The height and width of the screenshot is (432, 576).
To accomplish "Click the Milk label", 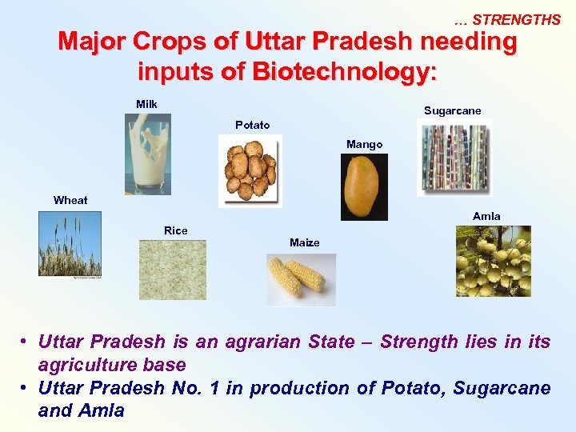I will pos(146,104).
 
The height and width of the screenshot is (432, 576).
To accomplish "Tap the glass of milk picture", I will pos(148,154).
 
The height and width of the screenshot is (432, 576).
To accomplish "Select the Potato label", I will pos(252,125).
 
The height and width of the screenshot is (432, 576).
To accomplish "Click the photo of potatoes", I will pos(250,170).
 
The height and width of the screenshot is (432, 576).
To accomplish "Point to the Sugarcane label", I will pos(452,110).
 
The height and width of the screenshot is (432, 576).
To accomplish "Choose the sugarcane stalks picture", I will pos(454,158).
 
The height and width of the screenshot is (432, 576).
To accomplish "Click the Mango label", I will pos(364,144).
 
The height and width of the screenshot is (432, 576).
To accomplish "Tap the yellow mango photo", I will pos(364,187).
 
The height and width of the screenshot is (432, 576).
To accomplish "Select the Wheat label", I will pos(70,200).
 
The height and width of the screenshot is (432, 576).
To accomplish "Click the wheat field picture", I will pos(70,243).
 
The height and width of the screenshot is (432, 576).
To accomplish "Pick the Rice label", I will pos(175,230).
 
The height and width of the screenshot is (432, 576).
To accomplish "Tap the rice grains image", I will pos(172,270).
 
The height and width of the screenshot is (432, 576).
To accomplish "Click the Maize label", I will pos(304,242).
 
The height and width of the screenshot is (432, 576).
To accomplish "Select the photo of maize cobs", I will pos(301,279).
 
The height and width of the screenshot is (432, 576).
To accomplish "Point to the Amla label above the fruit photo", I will pos(486,216).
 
